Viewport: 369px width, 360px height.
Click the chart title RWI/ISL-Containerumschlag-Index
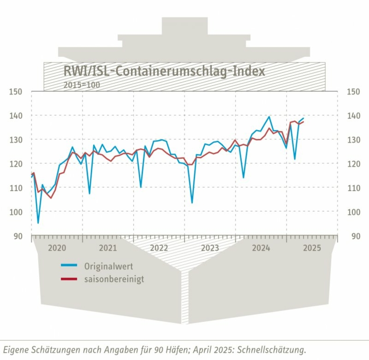(x=164, y=71)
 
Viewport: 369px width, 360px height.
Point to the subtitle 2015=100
(x=81, y=84)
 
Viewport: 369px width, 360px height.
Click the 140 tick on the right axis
(x=353, y=116)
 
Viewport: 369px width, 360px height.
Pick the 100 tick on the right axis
(x=353, y=212)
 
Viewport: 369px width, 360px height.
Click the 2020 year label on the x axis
(x=57, y=248)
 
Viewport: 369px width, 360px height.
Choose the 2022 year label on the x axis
(x=159, y=248)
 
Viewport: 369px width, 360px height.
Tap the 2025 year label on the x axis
(x=312, y=248)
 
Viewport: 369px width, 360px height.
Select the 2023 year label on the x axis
(x=210, y=248)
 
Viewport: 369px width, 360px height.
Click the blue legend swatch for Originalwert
(x=69, y=266)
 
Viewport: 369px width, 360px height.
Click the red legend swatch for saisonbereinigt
(x=69, y=279)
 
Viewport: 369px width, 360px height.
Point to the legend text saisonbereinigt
(x=114, y=279)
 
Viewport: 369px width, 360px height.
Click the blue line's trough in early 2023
(x=192, y=203)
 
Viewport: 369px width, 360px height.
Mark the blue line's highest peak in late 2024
(x=269, y=116)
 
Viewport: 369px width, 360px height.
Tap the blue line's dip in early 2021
(x=90, y=193)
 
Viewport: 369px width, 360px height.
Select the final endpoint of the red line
(x=303, y=122)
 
